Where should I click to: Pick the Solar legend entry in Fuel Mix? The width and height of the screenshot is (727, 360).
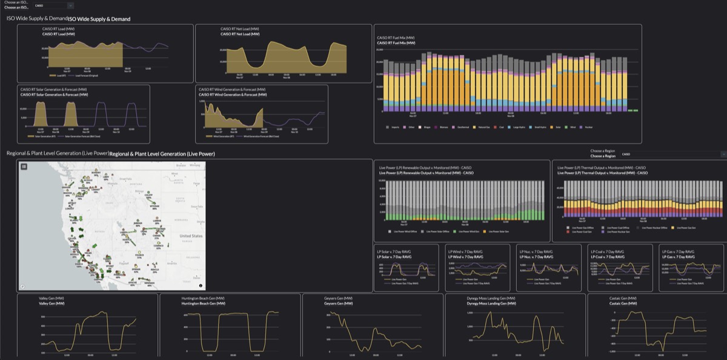pyautogui.click(x=555, y=127)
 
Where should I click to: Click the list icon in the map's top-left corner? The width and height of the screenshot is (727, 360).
pyautogui.click(x=24, y=166)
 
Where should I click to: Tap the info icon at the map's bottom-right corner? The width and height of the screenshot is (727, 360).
pyautogui.click(x=201, y=285)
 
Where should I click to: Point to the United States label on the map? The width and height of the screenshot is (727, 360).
pyautogui.click(x=191, y=236)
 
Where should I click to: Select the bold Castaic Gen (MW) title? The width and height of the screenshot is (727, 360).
pyautogui.click(x=623, y=303)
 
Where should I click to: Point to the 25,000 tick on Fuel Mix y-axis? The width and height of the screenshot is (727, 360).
pyautogui.click(x=380, y=50)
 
